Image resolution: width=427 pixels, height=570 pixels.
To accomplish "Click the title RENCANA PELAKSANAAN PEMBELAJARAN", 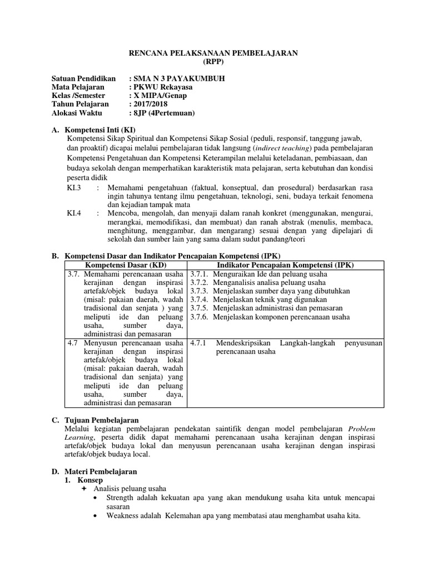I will tap(213, 53).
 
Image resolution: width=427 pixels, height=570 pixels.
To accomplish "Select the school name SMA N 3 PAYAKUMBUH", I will tap(179, 78).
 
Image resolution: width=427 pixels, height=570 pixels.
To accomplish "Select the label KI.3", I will tap(74, 188).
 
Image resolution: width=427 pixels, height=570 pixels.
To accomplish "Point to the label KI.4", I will tap(74, 214).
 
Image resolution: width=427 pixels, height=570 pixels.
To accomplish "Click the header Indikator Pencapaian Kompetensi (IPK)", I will tap(285, 265).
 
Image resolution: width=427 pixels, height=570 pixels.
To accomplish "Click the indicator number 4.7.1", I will tap(198, 343).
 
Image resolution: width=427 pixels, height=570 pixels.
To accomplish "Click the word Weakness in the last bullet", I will tap(123, 515).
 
